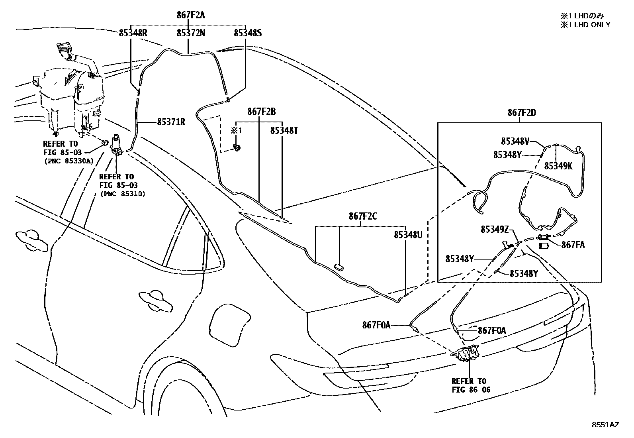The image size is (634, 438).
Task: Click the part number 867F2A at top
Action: [x=191, y=16]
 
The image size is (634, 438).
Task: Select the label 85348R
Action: [x=133, y=33]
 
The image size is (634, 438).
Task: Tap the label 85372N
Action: [x=191, y=33]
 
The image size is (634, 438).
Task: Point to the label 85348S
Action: [x=247, y=33]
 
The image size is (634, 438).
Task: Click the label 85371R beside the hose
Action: [x=171, y=122]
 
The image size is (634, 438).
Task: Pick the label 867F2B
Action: [x=261, y=112]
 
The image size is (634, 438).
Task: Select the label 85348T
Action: [x=284, y=130]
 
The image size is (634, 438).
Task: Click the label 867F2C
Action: [x=363, y=216]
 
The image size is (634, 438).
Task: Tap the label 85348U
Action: [x=408, y=235]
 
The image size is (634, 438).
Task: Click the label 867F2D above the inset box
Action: [x=521, y=113]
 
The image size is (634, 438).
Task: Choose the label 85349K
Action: [x=558, y=166]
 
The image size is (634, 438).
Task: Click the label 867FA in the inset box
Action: [x=573, y=245]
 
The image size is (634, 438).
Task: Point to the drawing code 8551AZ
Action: [x=605, y=425]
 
